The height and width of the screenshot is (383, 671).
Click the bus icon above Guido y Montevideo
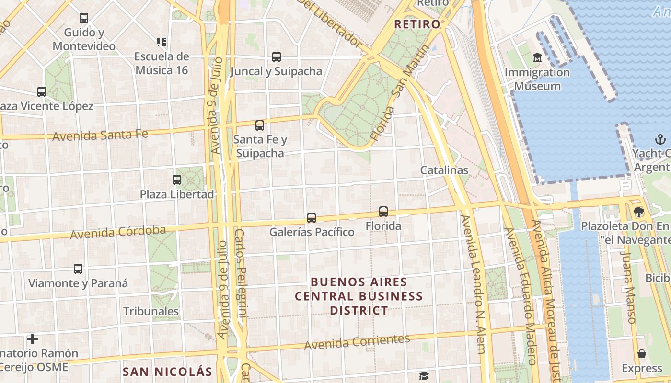[84, 18]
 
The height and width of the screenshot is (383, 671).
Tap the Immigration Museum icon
[537, 58]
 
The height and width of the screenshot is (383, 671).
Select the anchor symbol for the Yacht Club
[660, 140]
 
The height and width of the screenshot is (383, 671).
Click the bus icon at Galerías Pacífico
[312, 218]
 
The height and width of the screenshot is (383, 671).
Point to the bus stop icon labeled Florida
[383, 211]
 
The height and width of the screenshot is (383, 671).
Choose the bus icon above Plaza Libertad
[177, 180]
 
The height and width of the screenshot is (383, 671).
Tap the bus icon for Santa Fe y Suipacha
[260, 125]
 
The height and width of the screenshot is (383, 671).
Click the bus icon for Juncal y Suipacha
[277, 57]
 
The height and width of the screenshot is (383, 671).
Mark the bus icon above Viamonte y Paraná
[78, 269]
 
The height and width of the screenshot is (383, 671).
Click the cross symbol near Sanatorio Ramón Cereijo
[33, 339]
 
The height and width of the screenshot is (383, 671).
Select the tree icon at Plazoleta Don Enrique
[638, 212]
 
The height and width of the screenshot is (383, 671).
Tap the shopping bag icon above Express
[642, 354]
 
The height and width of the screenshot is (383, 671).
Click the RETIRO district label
[416, 24]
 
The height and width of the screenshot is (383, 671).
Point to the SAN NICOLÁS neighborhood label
[167, 372]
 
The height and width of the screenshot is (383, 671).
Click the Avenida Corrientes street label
[357, 342]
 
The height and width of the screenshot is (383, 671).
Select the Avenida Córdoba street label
[118, 233]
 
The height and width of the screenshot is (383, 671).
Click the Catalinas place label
[444, 170]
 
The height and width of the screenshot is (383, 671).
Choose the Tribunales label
[151, 311]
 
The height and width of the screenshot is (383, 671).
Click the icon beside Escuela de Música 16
[162, 42]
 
